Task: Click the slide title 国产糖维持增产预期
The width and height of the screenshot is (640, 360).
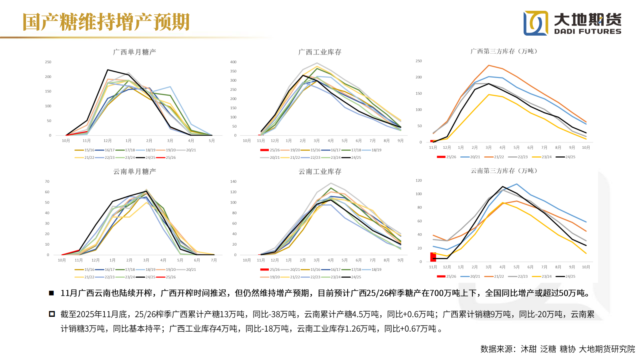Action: click(x=106, y=22)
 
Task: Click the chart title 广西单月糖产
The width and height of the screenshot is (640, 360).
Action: click(x=134, y=52)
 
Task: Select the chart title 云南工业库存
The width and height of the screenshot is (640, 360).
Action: click(x=320, y=172)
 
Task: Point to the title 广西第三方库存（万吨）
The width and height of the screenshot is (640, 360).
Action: click(x=505, y=51)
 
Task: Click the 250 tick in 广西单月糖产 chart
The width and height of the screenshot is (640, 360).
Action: click(x=48, y=62)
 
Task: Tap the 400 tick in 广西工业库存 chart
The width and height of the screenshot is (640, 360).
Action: click(x=233, y=62)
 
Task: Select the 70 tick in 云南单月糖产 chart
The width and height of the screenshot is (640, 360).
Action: click(x=47, y=182)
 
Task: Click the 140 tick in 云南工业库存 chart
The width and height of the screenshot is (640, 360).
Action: click(x=233, y=182)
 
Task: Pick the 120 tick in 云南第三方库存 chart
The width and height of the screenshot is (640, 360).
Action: click(x=418, y=180)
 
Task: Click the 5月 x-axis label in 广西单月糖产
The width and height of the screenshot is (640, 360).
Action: click(x=212, y=141)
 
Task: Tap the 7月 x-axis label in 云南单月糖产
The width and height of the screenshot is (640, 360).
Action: click(x=214, y=260)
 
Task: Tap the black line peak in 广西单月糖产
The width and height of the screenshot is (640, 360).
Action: click(x=108, y=70)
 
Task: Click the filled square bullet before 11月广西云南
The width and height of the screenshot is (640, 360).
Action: click(x=51, y=293)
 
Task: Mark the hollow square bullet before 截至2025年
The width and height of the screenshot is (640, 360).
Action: click(x=52, y=314)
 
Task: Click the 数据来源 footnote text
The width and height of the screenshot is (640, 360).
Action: click(x=558, y=349)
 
